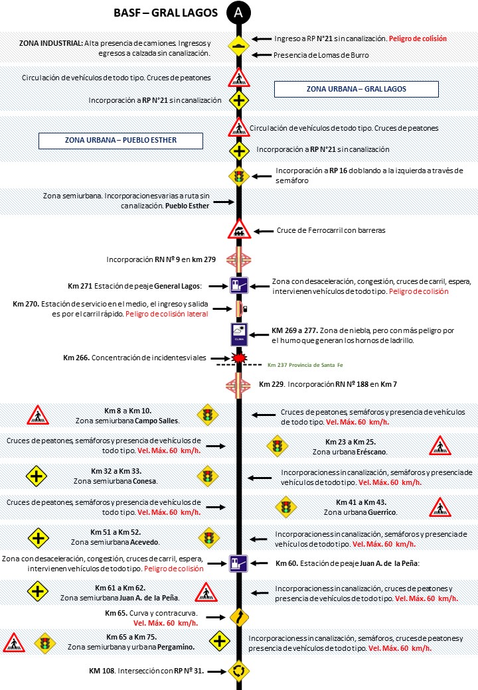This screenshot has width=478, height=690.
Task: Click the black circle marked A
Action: point(238,13)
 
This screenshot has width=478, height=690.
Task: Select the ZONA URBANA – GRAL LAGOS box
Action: point(357,89)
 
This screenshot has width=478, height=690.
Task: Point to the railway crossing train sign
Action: point(238,231)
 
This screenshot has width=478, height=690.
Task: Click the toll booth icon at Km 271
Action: point(238,286)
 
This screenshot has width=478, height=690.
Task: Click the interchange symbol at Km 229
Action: point(238,383)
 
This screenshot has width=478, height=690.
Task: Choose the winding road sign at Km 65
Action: point(238,616)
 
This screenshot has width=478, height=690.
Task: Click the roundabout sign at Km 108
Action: point(238,671)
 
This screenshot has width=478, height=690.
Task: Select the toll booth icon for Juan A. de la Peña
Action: point(238,564)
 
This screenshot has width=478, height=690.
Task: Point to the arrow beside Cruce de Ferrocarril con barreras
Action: point(264,231)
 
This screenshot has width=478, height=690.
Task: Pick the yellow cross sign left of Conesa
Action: point(37,476)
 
